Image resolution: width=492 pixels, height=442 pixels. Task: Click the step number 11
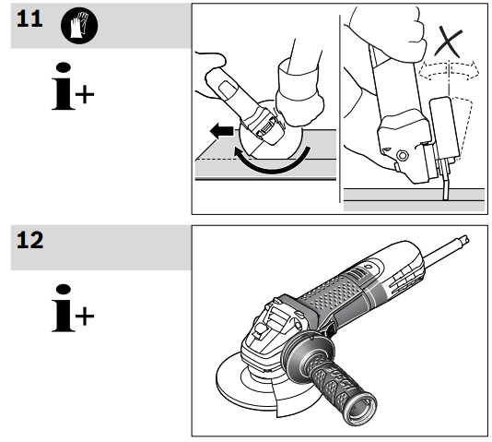tap(30, 20)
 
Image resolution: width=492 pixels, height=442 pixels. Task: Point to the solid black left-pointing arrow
tap(220, 132)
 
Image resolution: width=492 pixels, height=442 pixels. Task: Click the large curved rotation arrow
tap(276, 165)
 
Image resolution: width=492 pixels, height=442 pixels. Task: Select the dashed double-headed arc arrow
tap(449, 70)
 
